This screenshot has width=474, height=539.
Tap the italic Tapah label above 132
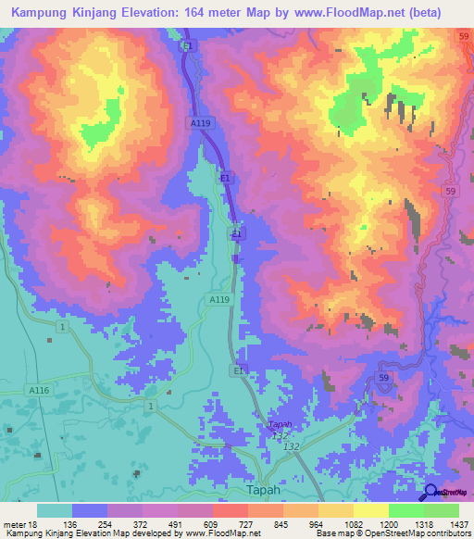[279, 425]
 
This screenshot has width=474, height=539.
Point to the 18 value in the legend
[31, 523]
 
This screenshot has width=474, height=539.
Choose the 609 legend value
[213, 523]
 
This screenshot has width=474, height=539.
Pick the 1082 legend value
[353, 523]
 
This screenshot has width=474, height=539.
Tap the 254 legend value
[108, 523]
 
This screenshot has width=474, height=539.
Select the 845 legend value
[283, 523]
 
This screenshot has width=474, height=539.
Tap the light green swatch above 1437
[441, 510]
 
